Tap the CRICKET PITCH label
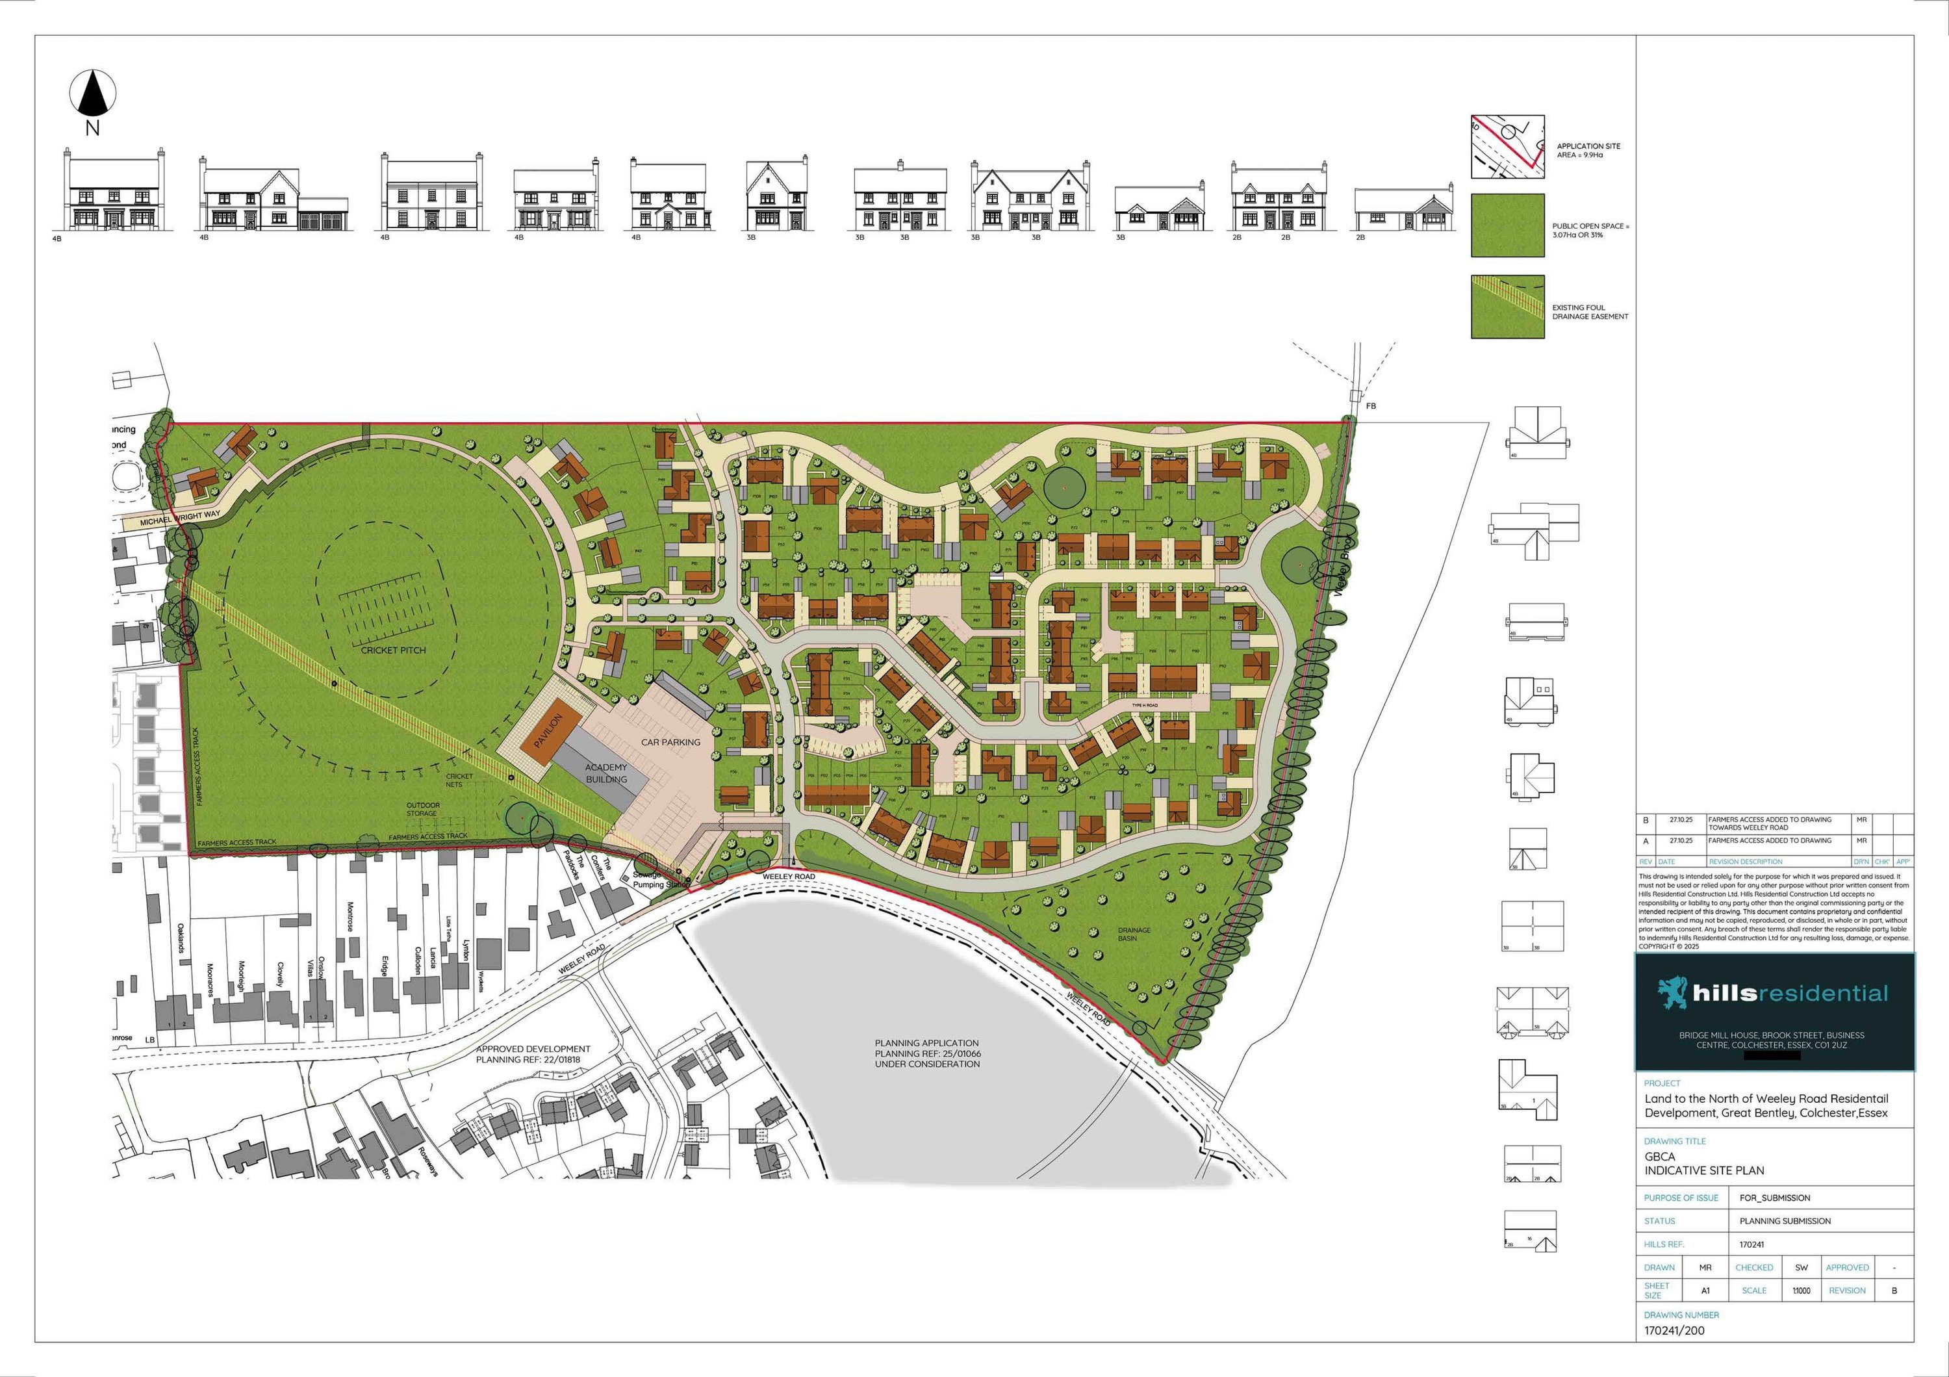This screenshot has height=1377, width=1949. click(393, 650)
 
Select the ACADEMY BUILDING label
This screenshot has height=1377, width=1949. click(606, 773)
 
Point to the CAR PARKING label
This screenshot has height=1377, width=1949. click(670, 742)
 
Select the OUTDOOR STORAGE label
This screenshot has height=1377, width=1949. click(422, 809)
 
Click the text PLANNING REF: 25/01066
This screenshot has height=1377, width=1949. click(927, 1053)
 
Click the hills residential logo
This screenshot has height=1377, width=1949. click(1774, 994)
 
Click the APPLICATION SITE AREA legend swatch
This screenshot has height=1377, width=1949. click(1508, 147)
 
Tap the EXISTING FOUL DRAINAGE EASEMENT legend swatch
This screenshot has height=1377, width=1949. click(1508, 307)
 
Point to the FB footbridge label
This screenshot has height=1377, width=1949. click(1371, 405)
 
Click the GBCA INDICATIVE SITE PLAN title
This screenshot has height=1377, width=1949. click(1703, 1164)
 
